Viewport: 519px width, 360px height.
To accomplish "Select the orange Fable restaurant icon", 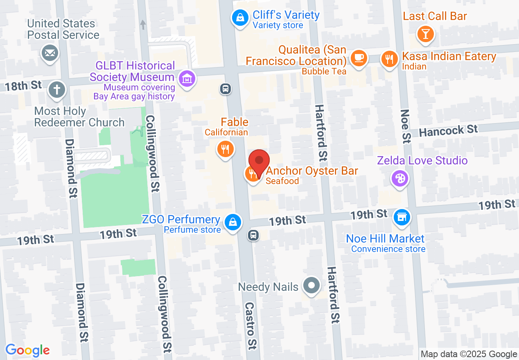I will (225, 149).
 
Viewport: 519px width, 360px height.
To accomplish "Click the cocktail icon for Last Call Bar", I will (426, 34).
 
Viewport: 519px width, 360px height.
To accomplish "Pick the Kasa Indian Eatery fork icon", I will (389, 59).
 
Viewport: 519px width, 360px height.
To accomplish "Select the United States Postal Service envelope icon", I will (50, 53).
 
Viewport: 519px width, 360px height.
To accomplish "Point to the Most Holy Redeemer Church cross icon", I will (57, 90).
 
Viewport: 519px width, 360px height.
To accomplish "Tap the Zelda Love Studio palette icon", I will (399, 179).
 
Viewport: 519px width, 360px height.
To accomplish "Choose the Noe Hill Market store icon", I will (402, 217).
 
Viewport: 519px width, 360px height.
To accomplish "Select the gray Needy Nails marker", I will (311, 286).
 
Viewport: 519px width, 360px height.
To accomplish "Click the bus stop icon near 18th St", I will (225, 88).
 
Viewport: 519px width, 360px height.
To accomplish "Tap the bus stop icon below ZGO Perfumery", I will (253, 235).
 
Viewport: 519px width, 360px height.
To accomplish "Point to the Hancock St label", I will (448, 131).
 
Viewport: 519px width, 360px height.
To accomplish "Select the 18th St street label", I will (23, 86).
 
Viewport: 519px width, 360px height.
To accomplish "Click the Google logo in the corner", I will (27, 351).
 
